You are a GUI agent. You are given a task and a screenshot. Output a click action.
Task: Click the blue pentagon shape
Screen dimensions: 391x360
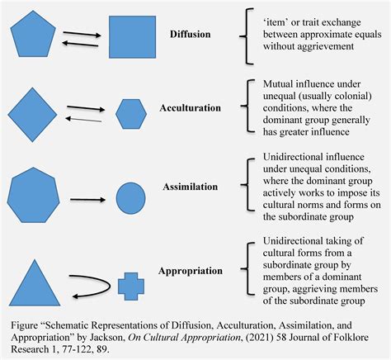(33, 35)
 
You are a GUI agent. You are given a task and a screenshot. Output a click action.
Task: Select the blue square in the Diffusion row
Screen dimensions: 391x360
(132, 37)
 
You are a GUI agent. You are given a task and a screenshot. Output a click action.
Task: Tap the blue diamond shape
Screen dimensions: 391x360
(32, 115)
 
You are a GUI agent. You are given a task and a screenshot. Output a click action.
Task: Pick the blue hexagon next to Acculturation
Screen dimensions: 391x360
(131, 114)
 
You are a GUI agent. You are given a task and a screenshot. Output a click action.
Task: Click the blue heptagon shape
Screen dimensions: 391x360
(33, 195)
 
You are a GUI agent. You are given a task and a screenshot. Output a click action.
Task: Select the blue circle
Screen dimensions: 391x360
(130, 198)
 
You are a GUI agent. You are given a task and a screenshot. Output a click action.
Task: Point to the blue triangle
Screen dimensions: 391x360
(35, 283)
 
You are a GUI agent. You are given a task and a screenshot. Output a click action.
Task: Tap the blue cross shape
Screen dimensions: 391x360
(131, 287)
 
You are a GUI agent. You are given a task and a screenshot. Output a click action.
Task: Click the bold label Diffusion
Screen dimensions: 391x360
(191, 34)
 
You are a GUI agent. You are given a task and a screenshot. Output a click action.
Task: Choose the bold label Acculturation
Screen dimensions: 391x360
(190, 108)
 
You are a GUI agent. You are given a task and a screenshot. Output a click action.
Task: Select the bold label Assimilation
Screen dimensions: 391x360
(191, 187)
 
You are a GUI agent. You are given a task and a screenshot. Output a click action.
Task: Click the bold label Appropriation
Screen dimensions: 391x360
(191, 271)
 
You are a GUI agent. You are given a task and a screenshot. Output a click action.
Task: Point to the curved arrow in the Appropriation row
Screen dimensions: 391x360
(110, 287)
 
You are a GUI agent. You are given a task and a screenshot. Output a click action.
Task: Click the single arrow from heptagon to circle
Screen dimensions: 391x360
(87, 200)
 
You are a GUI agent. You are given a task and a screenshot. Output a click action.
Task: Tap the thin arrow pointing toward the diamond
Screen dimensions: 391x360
(83, 119)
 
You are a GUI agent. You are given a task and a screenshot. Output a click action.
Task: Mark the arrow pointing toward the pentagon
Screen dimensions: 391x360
(80, 44)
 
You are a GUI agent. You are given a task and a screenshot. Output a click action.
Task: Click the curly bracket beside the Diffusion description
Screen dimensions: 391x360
(247, 36)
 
